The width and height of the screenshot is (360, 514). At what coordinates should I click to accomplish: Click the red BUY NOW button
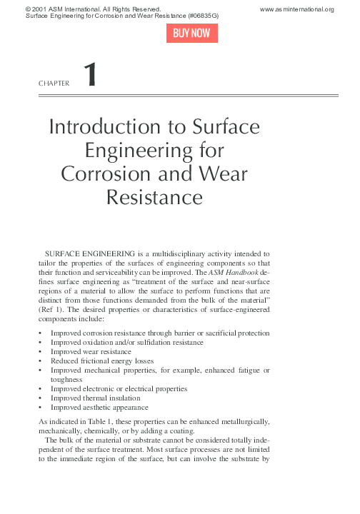[x=192, y=34]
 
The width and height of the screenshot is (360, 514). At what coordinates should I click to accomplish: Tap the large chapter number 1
[x=90, y=76]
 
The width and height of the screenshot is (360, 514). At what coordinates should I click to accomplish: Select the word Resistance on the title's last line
[x=154, y=196]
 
